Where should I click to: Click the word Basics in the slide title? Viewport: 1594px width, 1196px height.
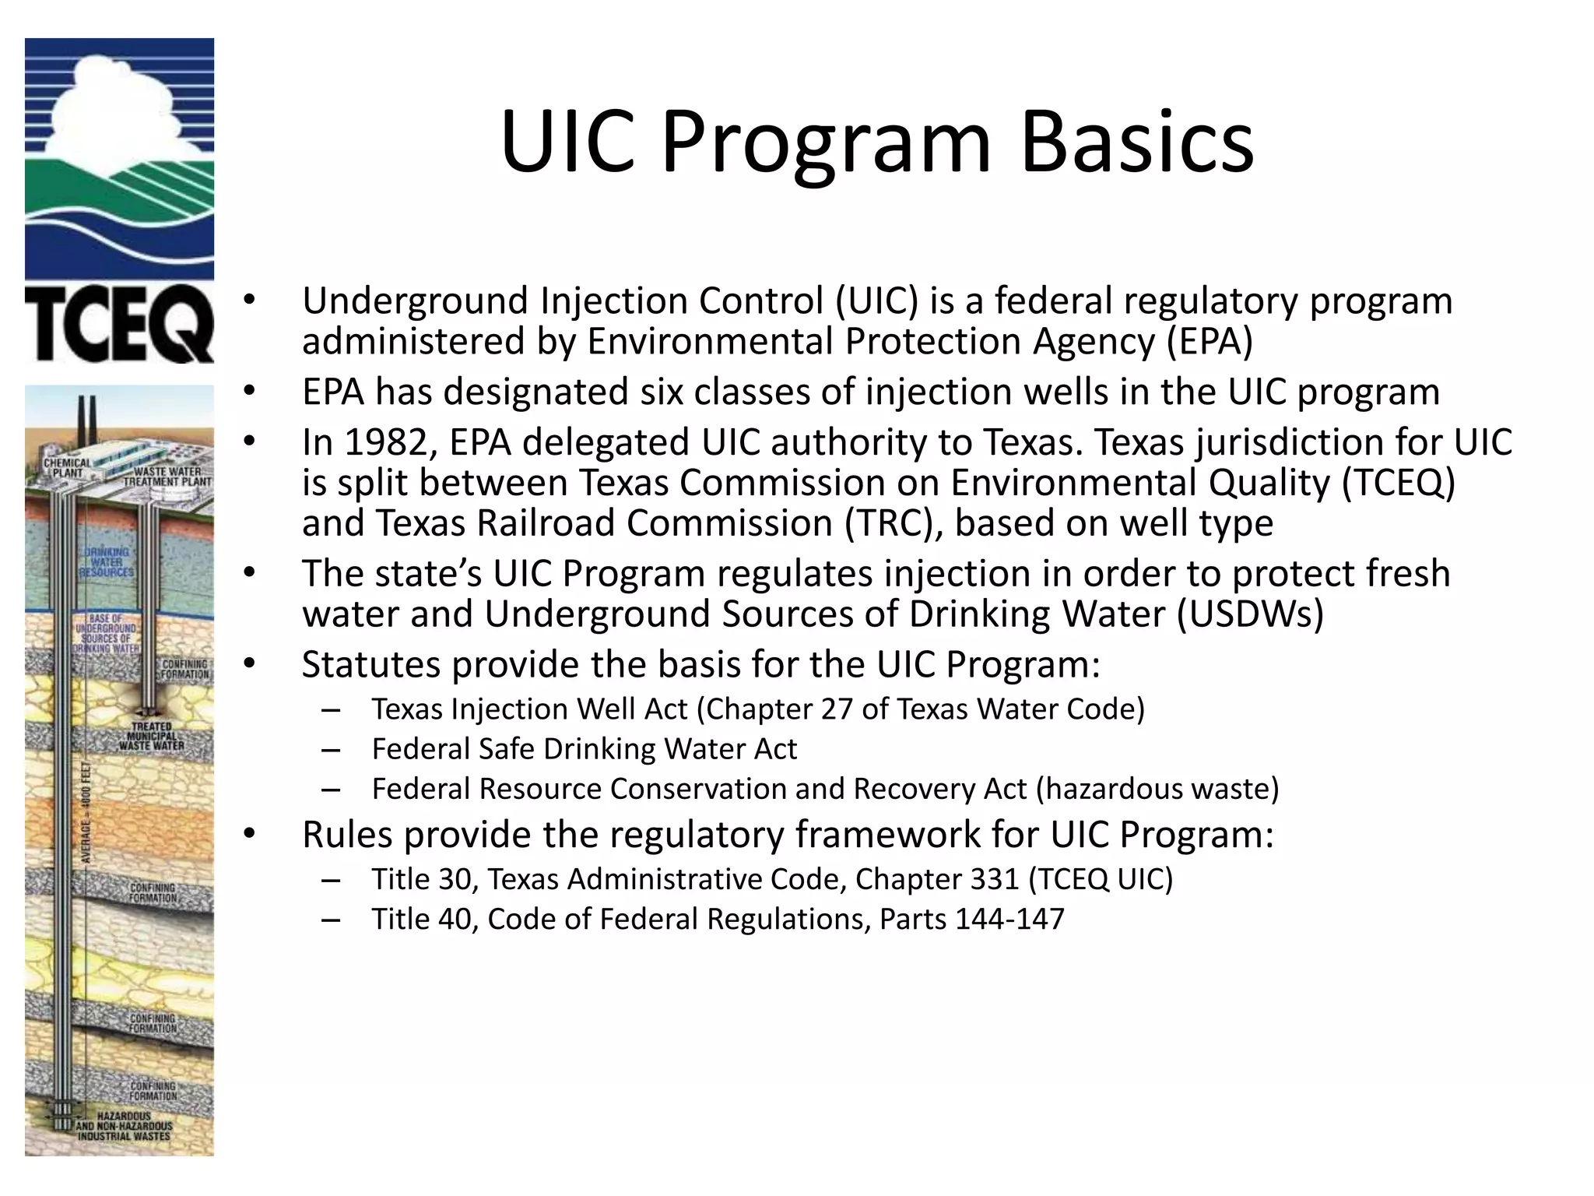coord(1136,142)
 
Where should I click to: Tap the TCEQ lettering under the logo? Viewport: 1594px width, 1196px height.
coord(119,323)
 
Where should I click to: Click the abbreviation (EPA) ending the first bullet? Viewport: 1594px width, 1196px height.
coord(1210,341)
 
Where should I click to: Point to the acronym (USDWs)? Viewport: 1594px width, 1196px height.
coord(1249,614)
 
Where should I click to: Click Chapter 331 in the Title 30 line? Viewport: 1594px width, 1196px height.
coord(937,879)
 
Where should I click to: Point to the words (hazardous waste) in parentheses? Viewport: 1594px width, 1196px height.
coord(1157,789)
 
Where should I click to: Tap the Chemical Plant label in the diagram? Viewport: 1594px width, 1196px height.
coord(67,468)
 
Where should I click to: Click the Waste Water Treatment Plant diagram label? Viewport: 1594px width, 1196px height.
coord(167,477)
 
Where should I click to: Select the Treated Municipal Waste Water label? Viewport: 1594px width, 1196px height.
coord(152,736)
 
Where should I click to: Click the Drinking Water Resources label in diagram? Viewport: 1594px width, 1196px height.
coord(107,561)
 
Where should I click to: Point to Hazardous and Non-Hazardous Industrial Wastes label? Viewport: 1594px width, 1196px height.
coord(125,1126)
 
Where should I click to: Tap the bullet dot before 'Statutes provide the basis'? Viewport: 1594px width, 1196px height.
coord(248,663)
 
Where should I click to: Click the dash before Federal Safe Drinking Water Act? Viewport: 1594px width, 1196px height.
coord(330,749)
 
